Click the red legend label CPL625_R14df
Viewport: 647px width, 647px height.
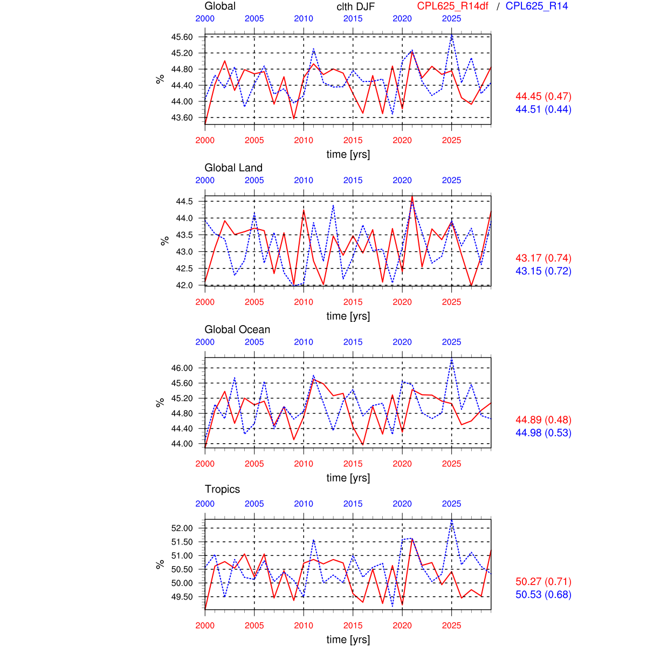point(452,6)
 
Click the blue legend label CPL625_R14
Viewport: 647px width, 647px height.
point(536,6)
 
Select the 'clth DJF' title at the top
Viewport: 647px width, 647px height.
point(355,6)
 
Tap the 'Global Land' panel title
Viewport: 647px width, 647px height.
point(233,168)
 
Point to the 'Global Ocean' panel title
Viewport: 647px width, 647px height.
point(237,329)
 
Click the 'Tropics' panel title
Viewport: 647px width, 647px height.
point(222,489)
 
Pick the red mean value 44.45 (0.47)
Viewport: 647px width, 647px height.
point(543,97)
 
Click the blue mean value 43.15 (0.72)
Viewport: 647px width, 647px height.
point(543,271)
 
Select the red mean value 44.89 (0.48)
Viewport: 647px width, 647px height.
point(543,420)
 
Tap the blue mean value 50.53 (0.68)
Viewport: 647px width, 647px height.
point(543,595)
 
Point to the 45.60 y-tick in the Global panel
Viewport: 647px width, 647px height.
point(182,37)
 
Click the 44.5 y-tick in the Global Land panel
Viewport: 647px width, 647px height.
point(184,201)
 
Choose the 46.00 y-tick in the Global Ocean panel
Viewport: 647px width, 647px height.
point(182,368)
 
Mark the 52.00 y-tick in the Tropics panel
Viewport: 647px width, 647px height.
point(182,528)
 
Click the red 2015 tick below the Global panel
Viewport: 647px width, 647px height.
point(353,140)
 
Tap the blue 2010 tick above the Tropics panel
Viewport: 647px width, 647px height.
point(304,504)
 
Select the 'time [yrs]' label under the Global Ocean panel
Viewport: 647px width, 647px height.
point(348,478)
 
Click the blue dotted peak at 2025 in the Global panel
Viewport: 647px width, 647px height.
point(452,36)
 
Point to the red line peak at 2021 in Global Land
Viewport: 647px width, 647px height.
point(412,197)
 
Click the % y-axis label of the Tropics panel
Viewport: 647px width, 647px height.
point(160,565)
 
